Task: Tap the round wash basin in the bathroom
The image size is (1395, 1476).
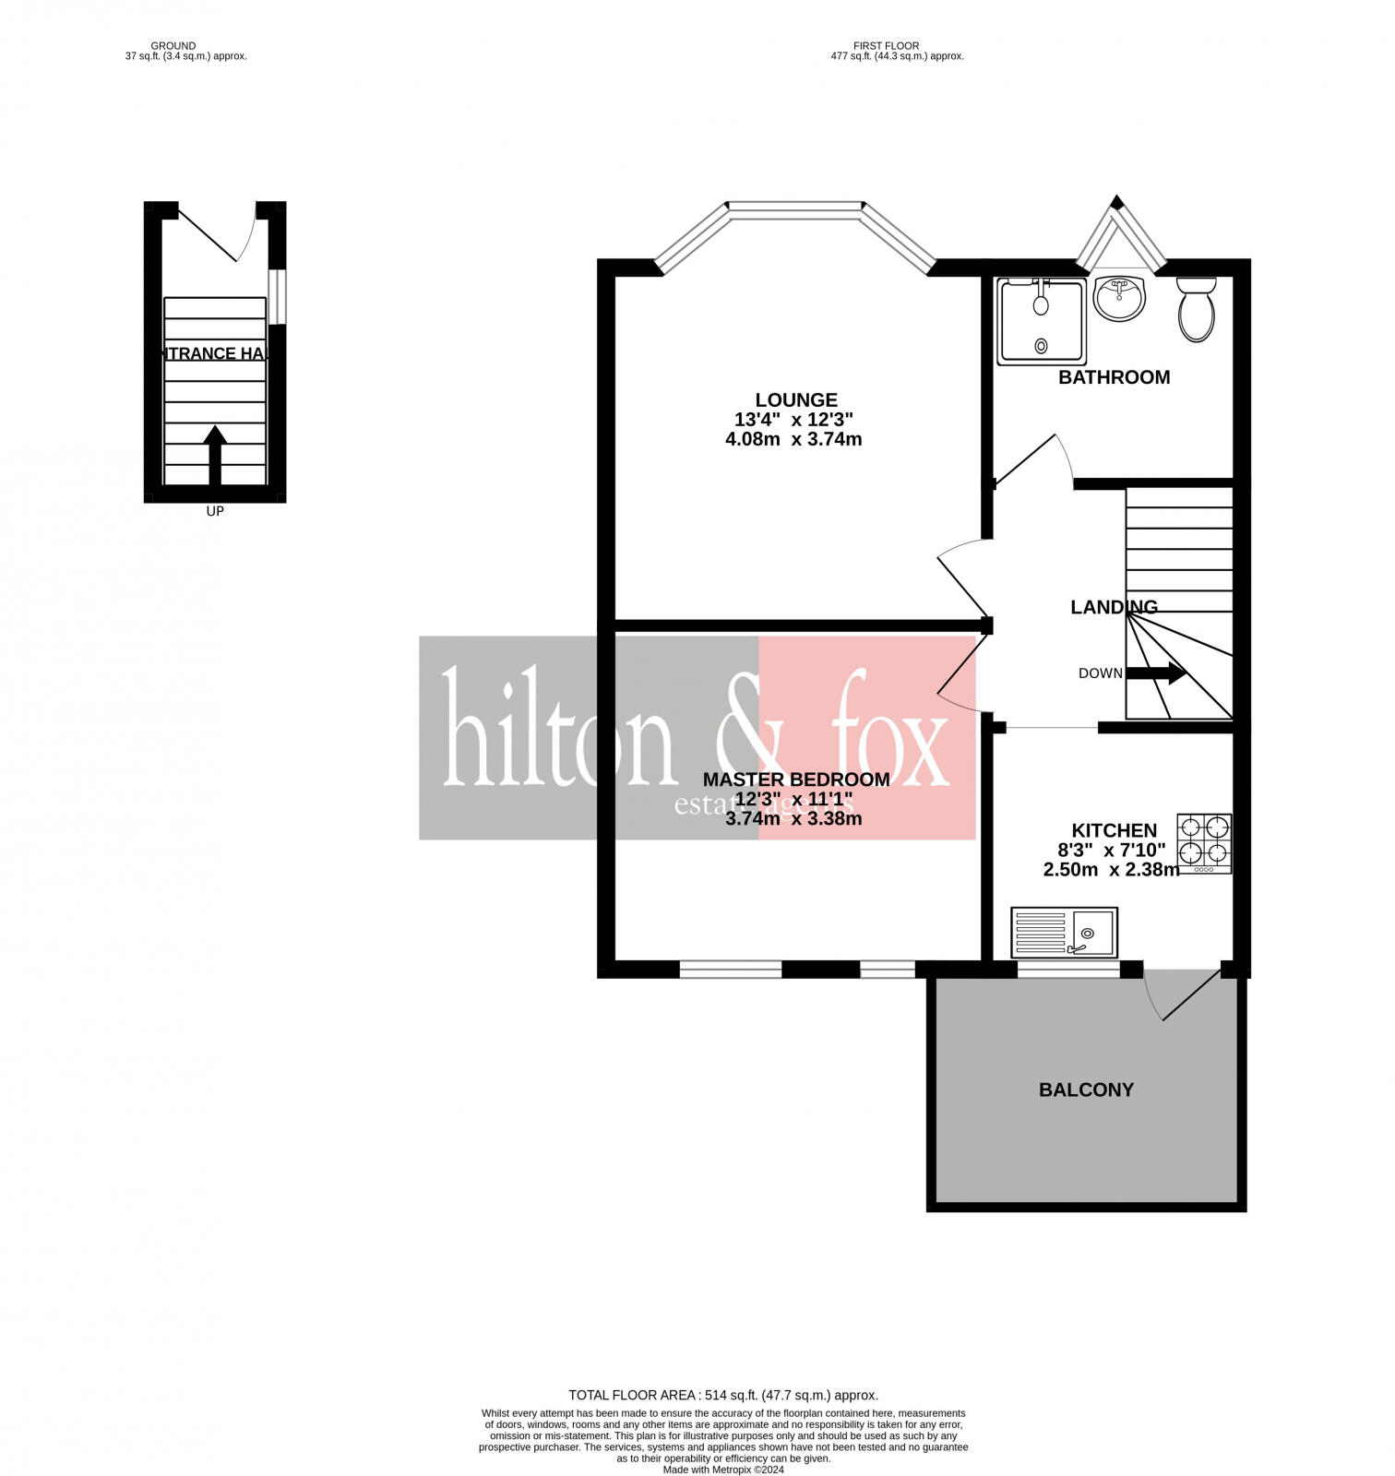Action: pos(1119,299)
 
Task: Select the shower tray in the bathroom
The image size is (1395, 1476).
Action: pos(1041,320)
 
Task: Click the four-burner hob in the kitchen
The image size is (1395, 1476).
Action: pos(1204,843)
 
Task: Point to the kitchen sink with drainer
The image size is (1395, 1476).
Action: pos(1064,932)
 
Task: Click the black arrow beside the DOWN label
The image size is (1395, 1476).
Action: pos(1156,673)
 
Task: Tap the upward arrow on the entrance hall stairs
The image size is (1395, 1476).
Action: pos(215,454)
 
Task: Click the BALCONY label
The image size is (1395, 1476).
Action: pos(1086,1089)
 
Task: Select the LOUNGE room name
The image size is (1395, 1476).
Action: pos(796,399)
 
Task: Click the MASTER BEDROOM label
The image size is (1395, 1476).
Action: pos(796,780)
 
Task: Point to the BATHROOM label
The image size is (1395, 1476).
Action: pos(1114,377)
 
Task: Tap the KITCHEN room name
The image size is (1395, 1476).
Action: pos(1114,830)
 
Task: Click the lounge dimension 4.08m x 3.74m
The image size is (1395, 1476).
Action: pos(793,439)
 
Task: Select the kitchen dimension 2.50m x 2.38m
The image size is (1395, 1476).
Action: pos(1111,869)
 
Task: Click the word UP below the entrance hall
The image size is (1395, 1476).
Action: pos(215,511)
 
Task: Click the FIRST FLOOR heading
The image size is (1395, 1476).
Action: pos(887,45)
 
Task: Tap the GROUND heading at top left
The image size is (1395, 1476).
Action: pos(173,45)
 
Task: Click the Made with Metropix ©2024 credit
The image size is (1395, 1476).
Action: pos(723,1470)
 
